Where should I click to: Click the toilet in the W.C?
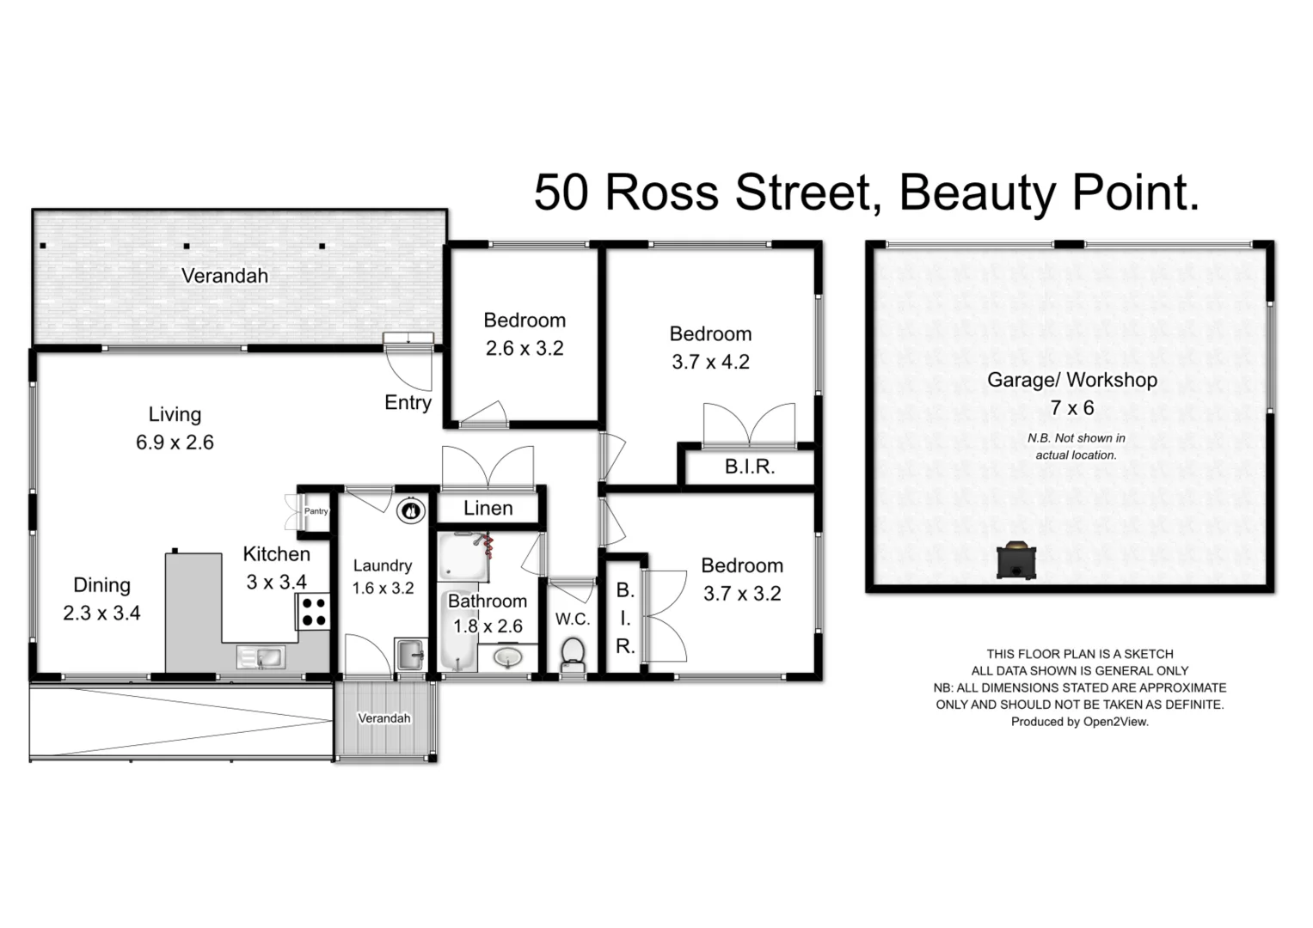(x=573, y=655)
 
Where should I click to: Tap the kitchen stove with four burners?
(x=314, y=611)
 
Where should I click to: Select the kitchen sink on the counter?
(x=262, y=658)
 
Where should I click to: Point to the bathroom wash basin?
(x=508, y=657)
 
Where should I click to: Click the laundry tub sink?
(x=411, y=655)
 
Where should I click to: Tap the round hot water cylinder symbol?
(x=411, y=510)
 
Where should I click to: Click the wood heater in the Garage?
(x=1015, y=561)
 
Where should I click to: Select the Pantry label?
(x=316, y=511)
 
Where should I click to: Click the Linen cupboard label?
(x=488, y=509)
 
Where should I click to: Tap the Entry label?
(x=408, y=403)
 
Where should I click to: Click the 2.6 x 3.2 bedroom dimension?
(x=525, y=349)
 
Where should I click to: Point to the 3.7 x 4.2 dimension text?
(x=710, y=363)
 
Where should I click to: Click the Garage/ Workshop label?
(x=1071, y=380)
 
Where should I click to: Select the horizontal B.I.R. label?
(x=749, y=467)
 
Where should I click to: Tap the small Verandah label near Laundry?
(x=383, y=718)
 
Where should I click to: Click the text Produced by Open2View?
(x=1079, y=722)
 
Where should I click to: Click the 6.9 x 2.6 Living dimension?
(x=175, y=443)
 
